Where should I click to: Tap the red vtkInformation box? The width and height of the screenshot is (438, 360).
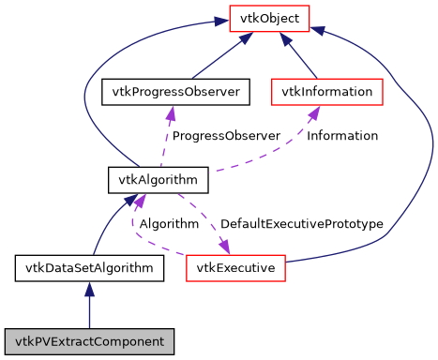coord(327,92)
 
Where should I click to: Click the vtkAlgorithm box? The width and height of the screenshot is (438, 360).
coord(144,178)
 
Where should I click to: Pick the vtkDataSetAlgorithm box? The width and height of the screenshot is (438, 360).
coord(90,268)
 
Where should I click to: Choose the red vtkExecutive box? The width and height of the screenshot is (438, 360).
coord(235,268)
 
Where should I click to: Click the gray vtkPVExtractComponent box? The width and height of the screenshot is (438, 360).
coord(90,340)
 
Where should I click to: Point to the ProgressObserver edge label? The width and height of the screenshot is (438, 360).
coord(226,136)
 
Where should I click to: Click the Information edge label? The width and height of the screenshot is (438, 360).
coord(342,136)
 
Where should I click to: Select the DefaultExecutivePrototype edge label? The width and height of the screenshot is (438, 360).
coord(301,224)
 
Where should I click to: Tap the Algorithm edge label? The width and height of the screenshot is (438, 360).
coord(169,224)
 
